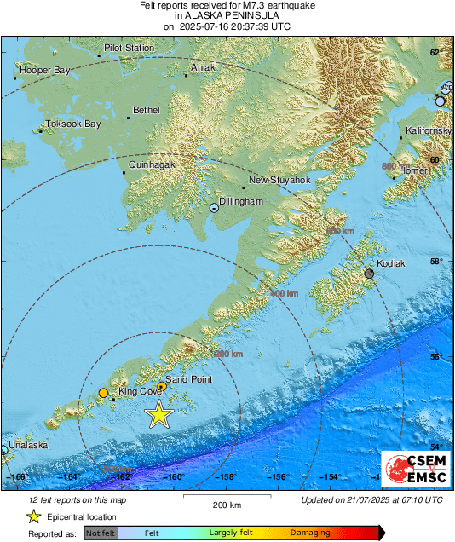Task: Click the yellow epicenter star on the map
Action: click(x=159, y=415)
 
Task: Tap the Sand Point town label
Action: click(x=187, y=379)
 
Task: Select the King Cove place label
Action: click(x=140, y=392)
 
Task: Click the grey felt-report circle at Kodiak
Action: click(x=369, y=274)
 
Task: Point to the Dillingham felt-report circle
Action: click(x=214, y=207)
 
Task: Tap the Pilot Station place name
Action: click(x=129, y=49)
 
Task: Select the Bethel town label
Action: click(x=146, y=111)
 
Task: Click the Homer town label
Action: click(x=413, y=170)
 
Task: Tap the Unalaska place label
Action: click(x=29, y=445)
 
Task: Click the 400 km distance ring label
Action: click(x=284, y=293)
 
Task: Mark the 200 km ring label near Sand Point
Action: click(x=229, y=353)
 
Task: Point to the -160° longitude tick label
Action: click(x=176, y=477)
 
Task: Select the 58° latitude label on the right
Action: click(x=435, y=262)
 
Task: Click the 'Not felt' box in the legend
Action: click(x=101, y=533)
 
